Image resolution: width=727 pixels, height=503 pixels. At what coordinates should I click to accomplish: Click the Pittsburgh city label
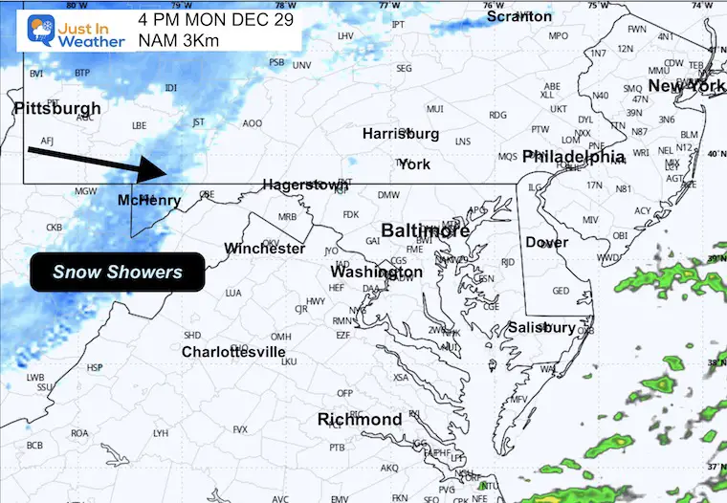(x=57, y=109)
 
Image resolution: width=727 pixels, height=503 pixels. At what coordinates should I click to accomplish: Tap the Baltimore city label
(x=426, y=230)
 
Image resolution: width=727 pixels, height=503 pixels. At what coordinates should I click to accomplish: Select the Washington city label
(x=376, y=273)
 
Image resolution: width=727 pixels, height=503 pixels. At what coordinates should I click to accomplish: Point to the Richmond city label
(x=360, y=420)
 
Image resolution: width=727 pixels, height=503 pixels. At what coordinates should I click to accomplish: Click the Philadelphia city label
(x=574, y=156)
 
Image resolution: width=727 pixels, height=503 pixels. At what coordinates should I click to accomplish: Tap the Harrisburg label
(x=400, y=134)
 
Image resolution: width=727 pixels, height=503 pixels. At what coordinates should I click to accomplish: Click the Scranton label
(x=518, y=16)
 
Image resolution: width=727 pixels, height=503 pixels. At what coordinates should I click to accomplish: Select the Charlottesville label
(x=233, y=352)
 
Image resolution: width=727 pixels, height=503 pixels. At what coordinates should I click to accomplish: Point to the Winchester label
(x=265, y=249)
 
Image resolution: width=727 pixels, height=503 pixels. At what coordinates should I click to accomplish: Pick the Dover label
(x=546, y=243)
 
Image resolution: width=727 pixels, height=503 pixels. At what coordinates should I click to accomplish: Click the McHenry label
(x=149, y=200)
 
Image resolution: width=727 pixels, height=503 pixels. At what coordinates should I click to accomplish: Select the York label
(x=414, y=164)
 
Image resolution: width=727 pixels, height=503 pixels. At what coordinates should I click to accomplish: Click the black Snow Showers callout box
(x=117, y=273)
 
